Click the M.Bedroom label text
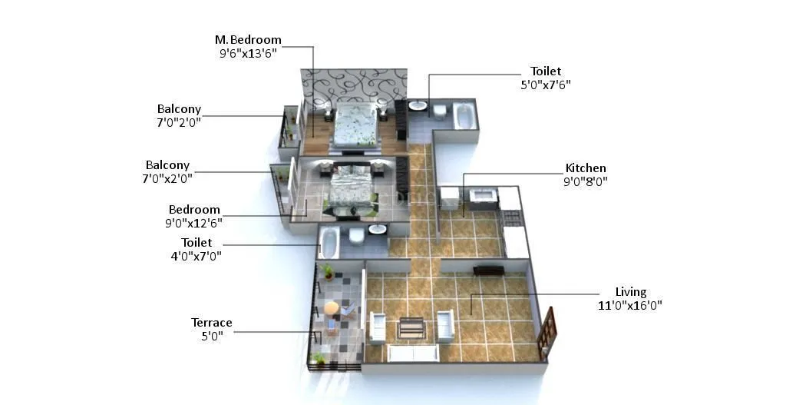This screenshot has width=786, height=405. (248, 40)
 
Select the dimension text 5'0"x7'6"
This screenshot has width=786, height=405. (545, 85)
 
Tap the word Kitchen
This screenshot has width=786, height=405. (586, 168)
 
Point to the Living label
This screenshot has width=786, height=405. (631, 292)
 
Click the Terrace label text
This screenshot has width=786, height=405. (212, 323)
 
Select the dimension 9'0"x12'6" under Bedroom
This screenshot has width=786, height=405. (194, 223)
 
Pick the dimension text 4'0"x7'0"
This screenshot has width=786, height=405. (196, 257)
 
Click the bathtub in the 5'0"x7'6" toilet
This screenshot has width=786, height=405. (464, 116)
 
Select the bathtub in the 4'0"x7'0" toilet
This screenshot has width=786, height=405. (329, 242)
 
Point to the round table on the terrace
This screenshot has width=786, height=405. (331, 308)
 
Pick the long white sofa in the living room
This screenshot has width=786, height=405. (413, 353)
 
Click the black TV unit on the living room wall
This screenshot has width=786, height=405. (488, 270)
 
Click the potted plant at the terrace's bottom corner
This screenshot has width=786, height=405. (319, 359)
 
